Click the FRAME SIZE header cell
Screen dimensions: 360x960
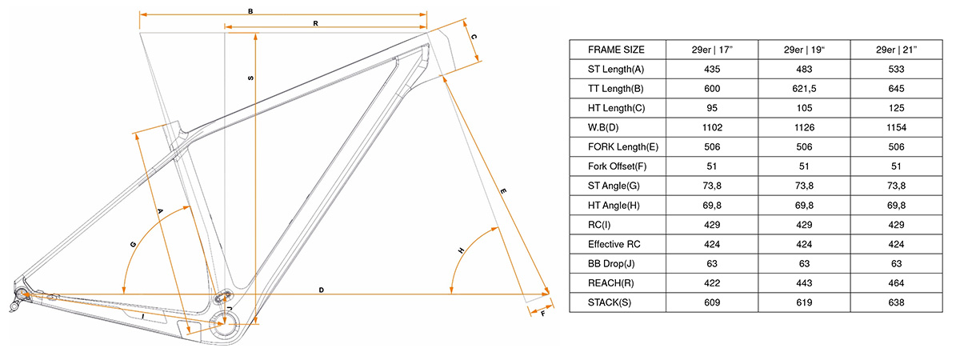616,50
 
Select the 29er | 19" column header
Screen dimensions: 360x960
804,50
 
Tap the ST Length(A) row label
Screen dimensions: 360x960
616,70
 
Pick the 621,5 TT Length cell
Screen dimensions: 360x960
804,89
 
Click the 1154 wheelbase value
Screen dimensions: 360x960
896,127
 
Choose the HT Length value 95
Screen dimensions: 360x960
712,108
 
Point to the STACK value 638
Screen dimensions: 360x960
896,302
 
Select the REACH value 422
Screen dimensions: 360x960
712,283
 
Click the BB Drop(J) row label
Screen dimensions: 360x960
614,263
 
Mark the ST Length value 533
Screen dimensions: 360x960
896,70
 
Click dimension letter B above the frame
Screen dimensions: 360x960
250,12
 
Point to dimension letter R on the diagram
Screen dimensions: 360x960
316,24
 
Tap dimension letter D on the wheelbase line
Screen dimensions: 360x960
321,289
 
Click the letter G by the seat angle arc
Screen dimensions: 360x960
132,243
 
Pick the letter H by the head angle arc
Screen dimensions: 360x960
461,250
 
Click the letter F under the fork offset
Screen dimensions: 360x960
542,315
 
